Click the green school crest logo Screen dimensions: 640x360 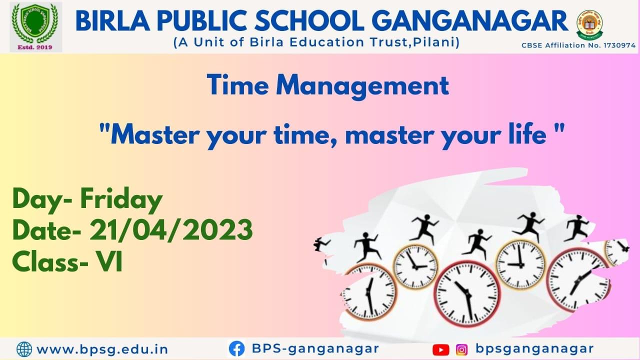click(x=35, y=23)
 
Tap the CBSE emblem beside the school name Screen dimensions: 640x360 click(x=589, y=25)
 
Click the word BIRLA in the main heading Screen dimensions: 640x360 click(x=113, y=21)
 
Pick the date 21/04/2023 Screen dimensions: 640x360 click(x=171, y=230)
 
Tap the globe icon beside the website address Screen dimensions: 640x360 click(x=24, y=349)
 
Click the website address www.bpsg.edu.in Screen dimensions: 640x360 click(x=102, y=349)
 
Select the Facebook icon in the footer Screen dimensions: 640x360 click(x=237, y=348)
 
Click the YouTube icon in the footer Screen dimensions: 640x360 click(x=441, y=349)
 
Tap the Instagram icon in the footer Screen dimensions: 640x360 click(x=461, y=349)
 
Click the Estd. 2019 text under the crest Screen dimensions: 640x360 click(x=35, y=47)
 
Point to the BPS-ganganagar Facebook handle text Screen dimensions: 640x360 click(x=315, y=348)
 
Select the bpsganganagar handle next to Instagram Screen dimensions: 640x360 click(x=534, y=348)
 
